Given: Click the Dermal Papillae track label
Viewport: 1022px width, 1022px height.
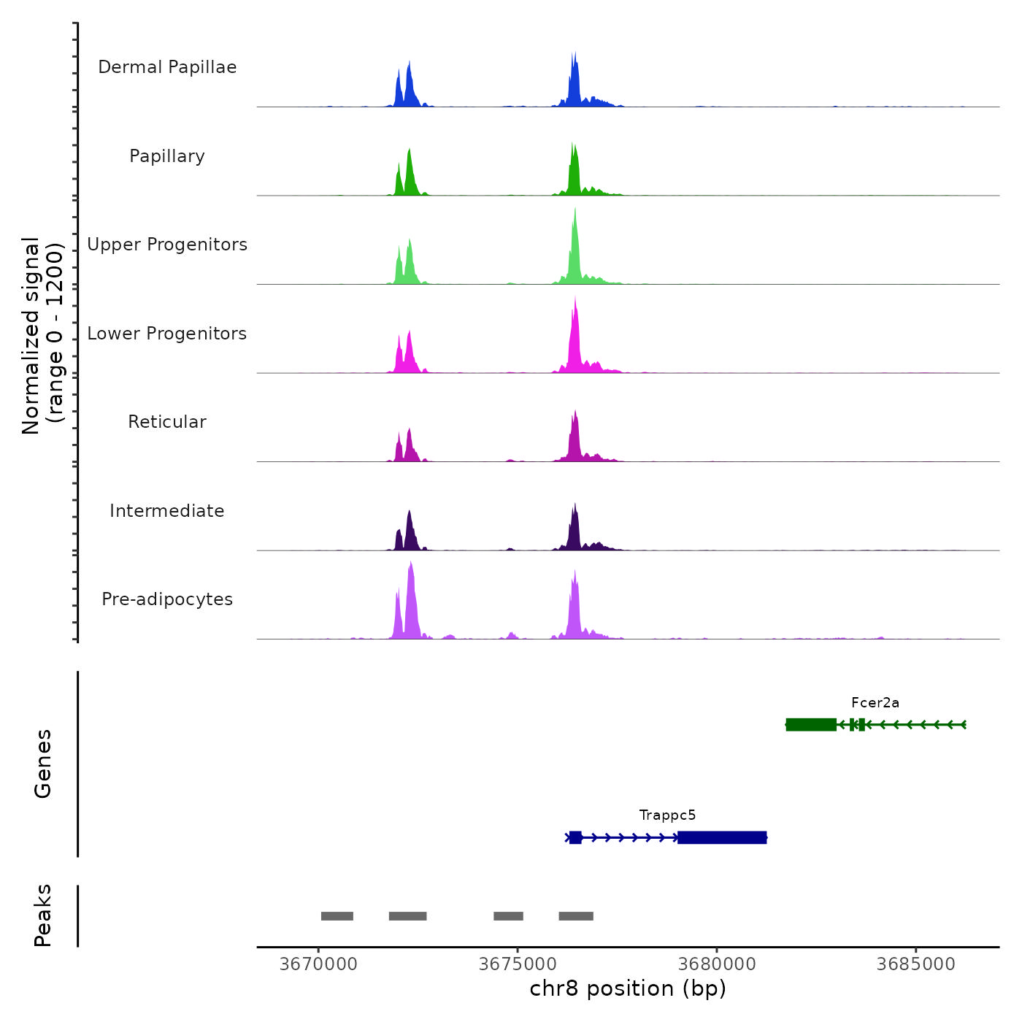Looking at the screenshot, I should click(167, 67).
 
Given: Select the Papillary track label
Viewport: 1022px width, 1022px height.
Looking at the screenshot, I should click(167, 156).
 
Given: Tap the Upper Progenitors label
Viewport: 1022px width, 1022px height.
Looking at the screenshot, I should click(167, 245).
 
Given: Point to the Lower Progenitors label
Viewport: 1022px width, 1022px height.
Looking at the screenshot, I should click(167, 334).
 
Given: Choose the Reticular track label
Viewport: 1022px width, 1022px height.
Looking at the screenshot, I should click(167, 422).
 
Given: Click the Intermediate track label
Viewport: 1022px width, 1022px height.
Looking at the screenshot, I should click(167, 511).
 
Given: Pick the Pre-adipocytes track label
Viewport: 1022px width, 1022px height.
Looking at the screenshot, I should click(167, 599).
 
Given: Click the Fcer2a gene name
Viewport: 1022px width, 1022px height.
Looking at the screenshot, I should click(875, 703).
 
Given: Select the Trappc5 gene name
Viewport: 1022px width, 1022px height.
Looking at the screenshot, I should click(667, 815).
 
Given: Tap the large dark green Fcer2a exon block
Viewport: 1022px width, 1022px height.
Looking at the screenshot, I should click(811, 725).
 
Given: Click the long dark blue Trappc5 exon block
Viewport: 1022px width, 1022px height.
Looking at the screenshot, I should click(722, 837).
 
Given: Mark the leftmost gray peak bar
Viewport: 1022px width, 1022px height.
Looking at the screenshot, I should click(337, 916).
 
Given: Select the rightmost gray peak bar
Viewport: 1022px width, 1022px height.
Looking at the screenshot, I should click(576, 916).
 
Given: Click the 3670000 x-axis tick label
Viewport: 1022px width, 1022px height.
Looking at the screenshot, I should click(318, 964).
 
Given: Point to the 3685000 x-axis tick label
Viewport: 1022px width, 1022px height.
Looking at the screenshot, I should click(916, 964).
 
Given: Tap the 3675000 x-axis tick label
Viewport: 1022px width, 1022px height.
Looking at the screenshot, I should click(518, 964).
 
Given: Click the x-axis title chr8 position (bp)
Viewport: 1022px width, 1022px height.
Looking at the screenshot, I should click(628, 988).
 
